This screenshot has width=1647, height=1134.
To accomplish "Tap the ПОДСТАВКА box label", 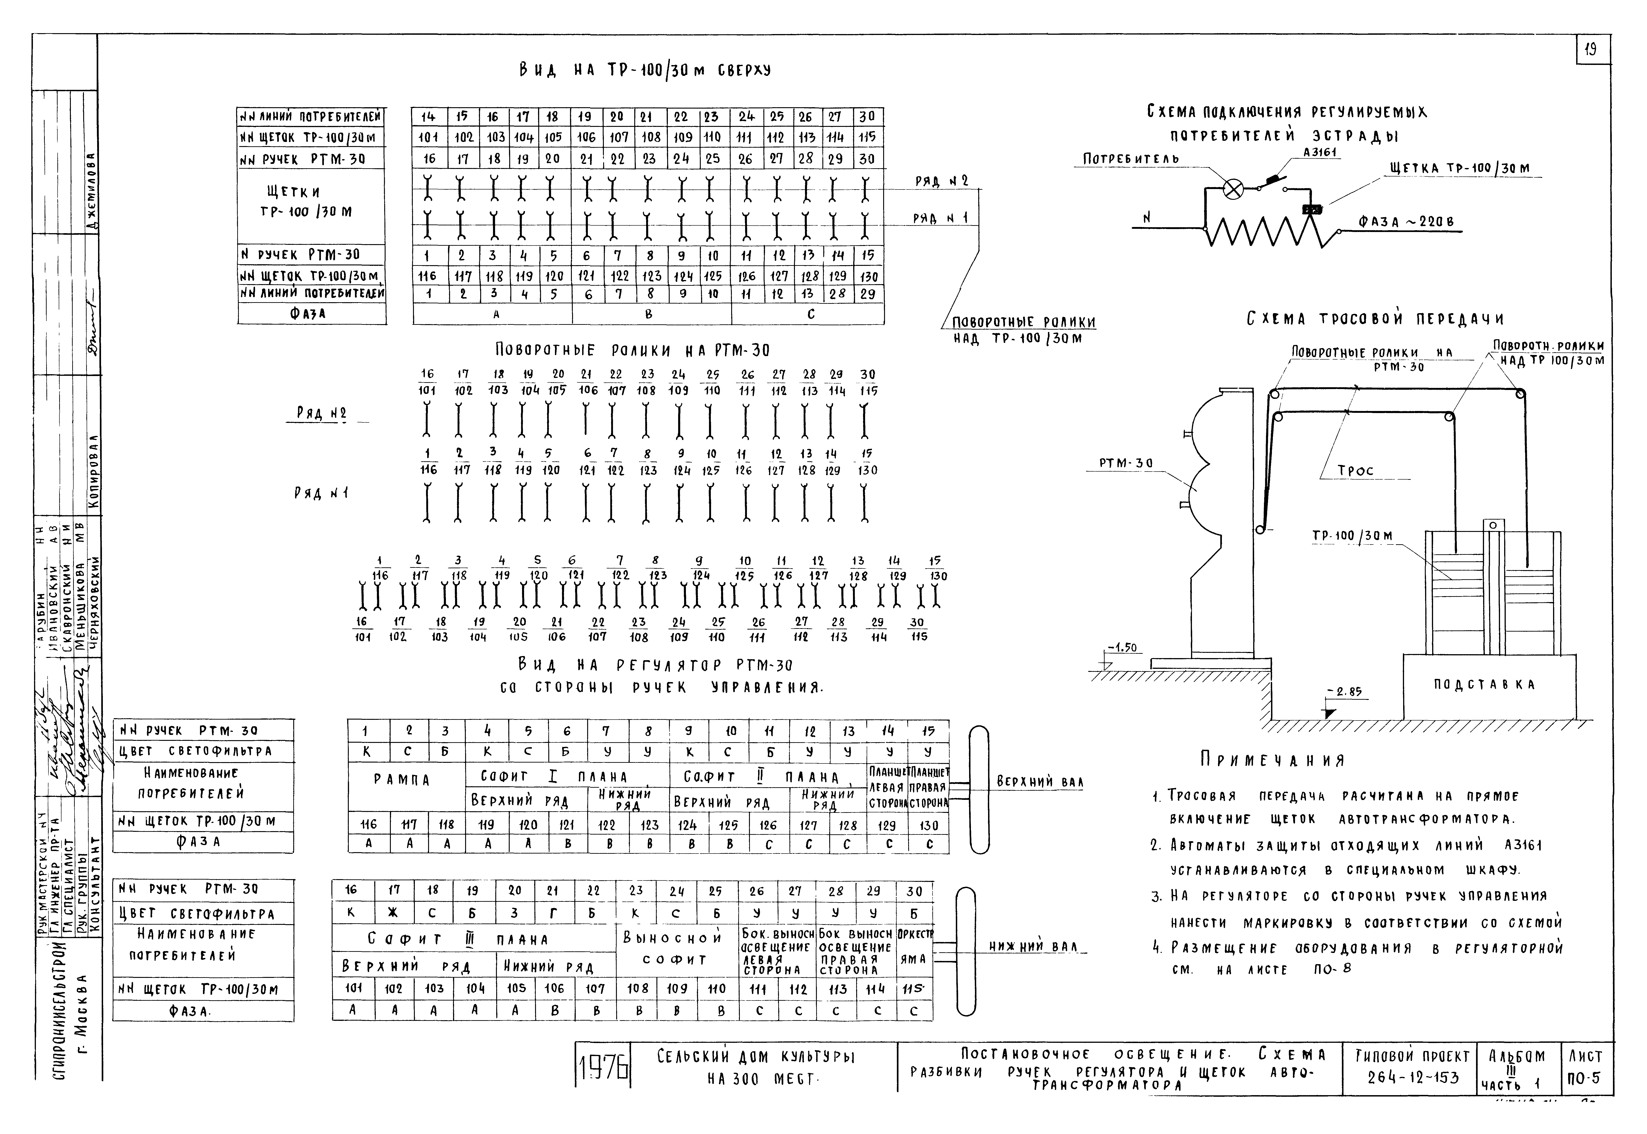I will pyautogui.click(x=1483, y=685).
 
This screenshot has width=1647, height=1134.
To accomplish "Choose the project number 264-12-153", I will pyautogui.click(x=1412, y=1078).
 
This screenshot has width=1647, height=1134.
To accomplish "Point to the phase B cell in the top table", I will pyautogui.click(x=649, y=313).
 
